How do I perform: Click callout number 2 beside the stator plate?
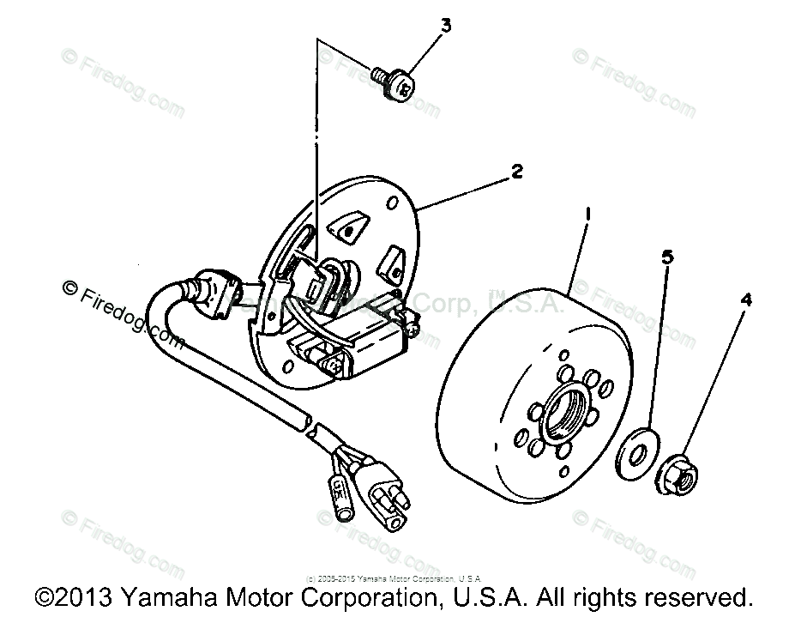coord(516,171)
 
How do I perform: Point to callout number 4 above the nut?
coord(746,299)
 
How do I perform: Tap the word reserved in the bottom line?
coord(705,596)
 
